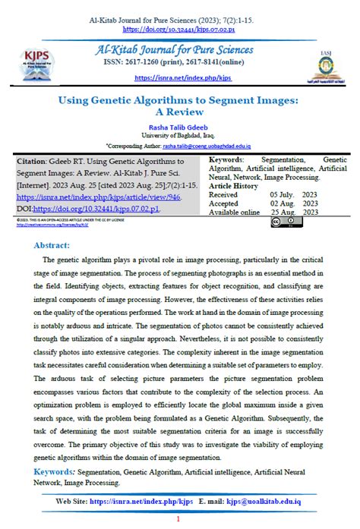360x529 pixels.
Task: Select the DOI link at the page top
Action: (179, 29)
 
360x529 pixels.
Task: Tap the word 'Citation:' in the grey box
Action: (36, 162)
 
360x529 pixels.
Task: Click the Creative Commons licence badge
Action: (286, 222)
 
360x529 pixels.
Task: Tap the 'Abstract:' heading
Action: (52, 246)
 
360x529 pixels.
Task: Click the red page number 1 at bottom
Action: (178, 519)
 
